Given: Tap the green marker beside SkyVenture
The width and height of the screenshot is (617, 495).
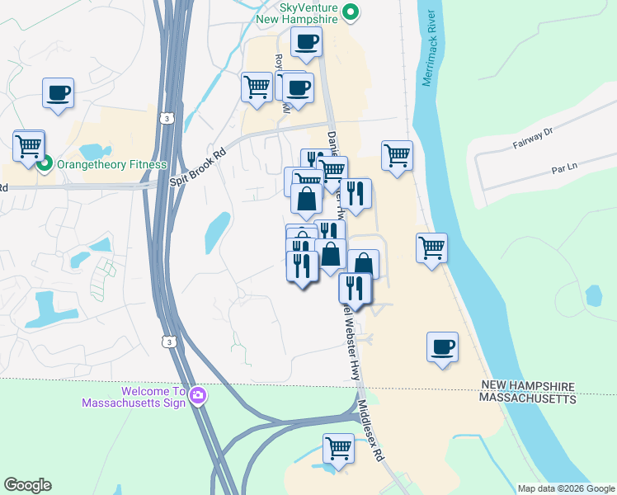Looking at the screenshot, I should [x=351, y=12].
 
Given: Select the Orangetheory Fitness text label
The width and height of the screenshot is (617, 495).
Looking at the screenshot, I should [x=111, y=164].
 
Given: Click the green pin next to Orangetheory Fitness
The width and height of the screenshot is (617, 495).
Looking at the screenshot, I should [x=46, y=163].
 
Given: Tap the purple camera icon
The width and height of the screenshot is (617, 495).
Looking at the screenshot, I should [x=197, y=397].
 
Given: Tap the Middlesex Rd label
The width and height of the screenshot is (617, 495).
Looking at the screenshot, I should [x=371, y=429].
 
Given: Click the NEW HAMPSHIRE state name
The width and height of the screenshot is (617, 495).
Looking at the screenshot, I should [x=526, y=386].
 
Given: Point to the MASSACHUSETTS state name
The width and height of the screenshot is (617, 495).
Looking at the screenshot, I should [x=528, y=399].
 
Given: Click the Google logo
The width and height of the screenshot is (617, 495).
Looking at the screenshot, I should [x=28, y=485].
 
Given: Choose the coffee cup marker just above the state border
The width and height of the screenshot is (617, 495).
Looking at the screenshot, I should [x=442, y=346].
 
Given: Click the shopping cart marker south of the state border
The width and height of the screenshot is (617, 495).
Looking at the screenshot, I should [x=338, y=450].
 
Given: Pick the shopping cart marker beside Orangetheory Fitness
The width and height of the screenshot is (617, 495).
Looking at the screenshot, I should [x=29, y=146].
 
